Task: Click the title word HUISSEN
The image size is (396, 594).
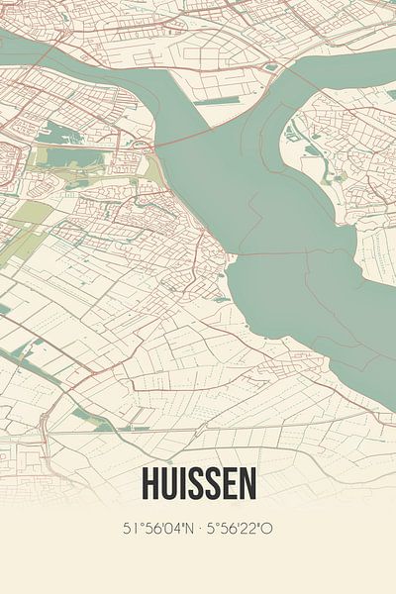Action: (198, 483)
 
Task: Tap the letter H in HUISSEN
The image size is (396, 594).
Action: (151, 483)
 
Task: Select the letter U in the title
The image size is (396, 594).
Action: (170, 483)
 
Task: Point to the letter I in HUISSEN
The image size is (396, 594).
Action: (185, 483)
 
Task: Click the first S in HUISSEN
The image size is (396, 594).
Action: (198, 483)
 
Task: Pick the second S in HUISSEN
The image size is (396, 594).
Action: (215, 483)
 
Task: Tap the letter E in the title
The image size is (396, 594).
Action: (231, 483)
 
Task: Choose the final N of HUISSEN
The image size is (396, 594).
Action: (247, 483)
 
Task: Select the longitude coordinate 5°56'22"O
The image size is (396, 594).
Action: (239, 529)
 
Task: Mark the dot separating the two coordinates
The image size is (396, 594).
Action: (198, 529)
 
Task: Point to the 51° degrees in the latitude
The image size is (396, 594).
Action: (132, 529)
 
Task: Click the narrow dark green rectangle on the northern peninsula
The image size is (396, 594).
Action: (213, 100)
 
